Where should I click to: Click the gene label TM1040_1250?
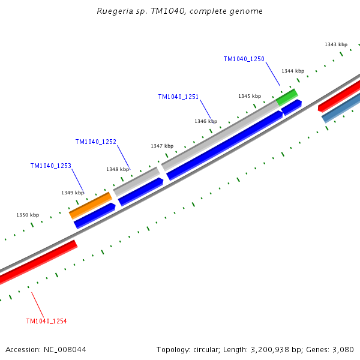click(x=244, y=59)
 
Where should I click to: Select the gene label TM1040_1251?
click(x=178, y=97)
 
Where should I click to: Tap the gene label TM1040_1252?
click(x=95, y=142)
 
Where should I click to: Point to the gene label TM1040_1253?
click(x=50, y=166)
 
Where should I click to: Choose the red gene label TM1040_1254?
click(x=46, y=321)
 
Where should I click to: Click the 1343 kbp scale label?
click(x=335, y=44)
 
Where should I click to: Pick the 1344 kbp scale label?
click(x=292, y=71)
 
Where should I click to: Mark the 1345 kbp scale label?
click(x=249, y=96)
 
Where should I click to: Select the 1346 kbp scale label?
click(x=205, y=121)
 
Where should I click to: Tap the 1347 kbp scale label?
click(x=161, y=146)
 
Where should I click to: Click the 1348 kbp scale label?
click(x=118, y=169)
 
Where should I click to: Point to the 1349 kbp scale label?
click(x=72, y=193)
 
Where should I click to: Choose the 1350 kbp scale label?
click(x=27, y=215)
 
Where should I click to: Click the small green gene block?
click(x=287, y=97)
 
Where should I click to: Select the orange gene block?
click(x=91, y=205)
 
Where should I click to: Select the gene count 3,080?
click(x=343, y=349)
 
